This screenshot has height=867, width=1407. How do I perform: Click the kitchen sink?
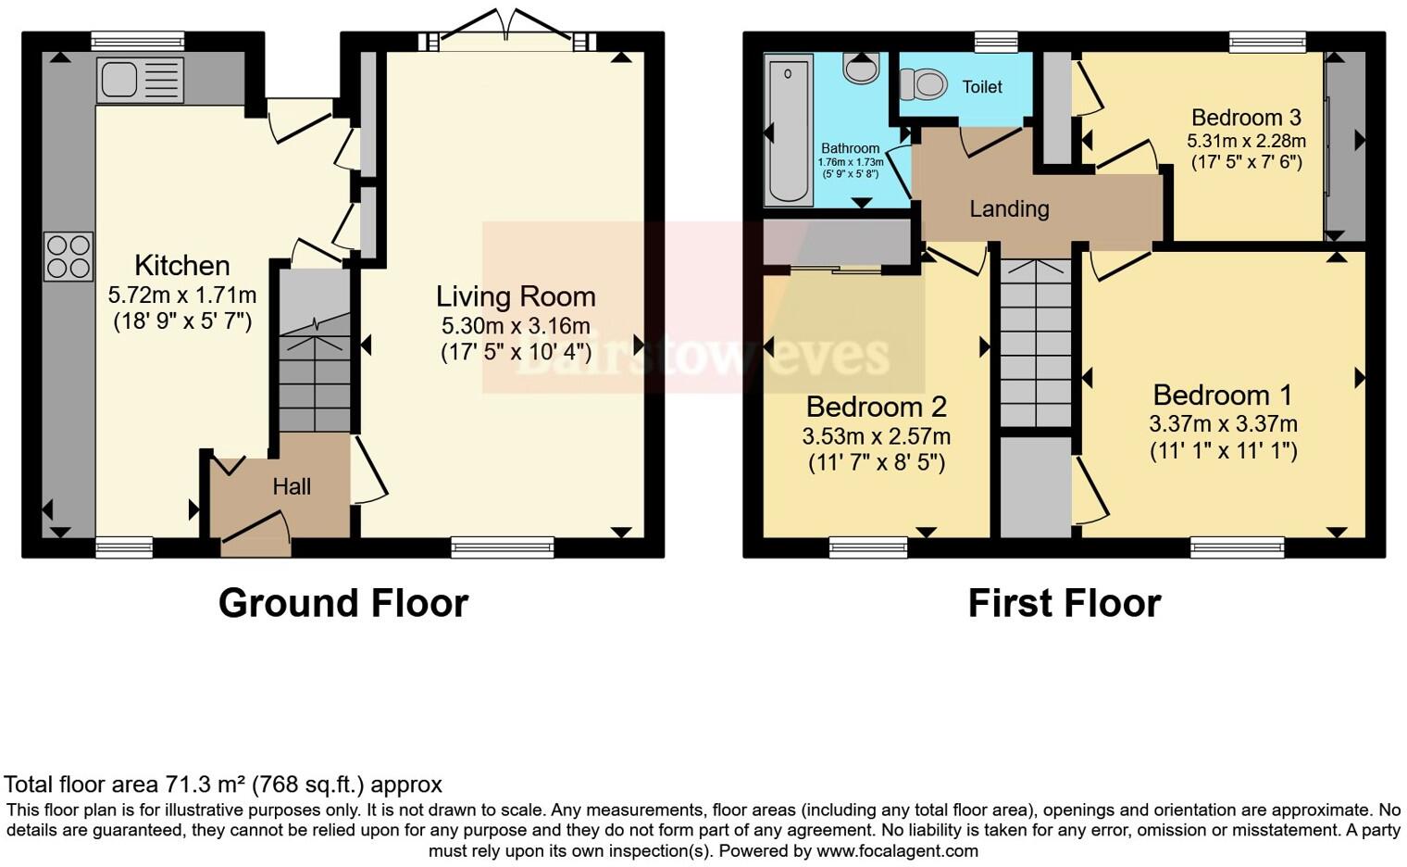tap(141, 81)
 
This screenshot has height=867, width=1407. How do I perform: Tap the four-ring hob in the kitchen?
tap(68, 257)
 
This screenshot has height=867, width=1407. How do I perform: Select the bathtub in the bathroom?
tap(788, 130)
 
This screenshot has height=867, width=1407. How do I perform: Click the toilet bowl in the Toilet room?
tap(924, 83)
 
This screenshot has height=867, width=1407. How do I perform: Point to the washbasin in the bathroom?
tap(861, 69)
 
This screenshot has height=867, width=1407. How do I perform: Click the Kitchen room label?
tap(182, 266)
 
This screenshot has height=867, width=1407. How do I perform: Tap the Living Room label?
tap(516, 296)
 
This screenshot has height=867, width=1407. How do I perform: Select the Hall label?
tap(292, 486)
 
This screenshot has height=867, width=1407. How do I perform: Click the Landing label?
tap(1009, 209)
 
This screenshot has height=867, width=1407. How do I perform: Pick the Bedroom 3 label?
tap(1246, 118)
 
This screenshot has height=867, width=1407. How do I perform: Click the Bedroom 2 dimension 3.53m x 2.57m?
tap(877, 436)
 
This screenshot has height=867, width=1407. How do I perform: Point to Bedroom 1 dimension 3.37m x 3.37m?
tap(1223, 424)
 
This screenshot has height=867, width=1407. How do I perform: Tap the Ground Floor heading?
tap(343, 604)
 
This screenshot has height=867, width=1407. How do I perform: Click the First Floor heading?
tap(1065, 604)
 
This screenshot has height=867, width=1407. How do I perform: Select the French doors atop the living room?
tap(507, 31)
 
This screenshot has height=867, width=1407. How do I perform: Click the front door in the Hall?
tap(256, 534)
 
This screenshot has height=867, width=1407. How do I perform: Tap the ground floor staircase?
tap(314, 351)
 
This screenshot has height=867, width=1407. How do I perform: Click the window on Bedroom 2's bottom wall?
tap(868, 547)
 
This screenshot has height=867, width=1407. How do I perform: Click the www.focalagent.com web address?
tap(897, 851)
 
